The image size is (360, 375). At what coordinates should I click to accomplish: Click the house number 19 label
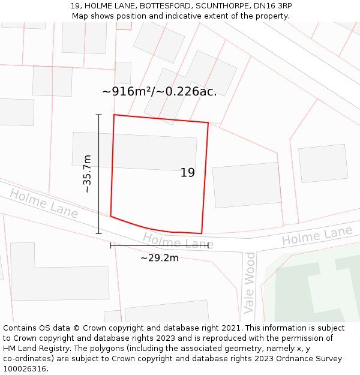tap(188, 173)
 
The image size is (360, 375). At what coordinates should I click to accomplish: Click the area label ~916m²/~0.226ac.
tap(160, 92)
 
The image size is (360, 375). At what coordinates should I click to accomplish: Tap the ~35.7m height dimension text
tap(88, 173)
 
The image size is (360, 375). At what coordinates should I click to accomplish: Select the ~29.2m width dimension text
tap(160, 258)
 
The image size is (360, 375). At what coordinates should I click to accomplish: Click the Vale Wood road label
tap(250, 283)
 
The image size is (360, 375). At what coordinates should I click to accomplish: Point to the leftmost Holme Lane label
tap(44, 203)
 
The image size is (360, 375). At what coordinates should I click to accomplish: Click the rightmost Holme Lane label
tap(317, 236)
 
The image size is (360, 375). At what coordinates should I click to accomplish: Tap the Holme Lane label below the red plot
tap(178, 242)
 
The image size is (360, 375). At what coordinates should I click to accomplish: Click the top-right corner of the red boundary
tap(208, 123)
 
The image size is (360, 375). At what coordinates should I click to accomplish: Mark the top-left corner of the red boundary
tap(114, 115)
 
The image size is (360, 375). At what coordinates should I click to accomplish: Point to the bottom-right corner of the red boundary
tap(202, 233)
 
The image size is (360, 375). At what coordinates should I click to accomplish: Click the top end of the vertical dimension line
tap(99, 114)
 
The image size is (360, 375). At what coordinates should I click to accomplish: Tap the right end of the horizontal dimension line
tap(208, 245)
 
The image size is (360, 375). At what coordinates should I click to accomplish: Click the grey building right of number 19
tap(247, 185)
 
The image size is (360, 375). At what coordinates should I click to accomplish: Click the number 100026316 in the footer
tap(24, 368)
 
